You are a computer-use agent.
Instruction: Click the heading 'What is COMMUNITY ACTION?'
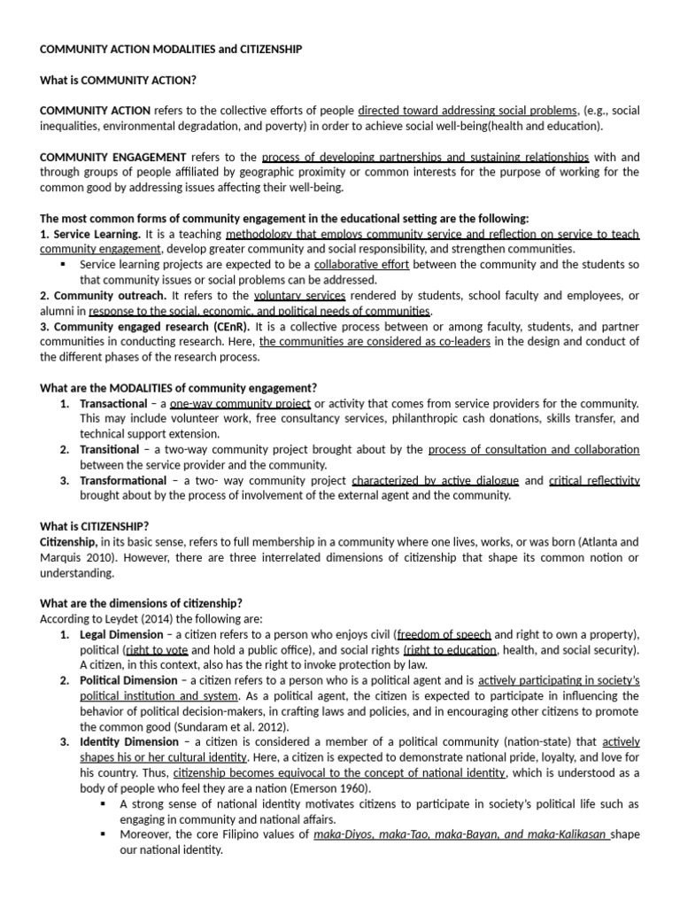click(118, 80)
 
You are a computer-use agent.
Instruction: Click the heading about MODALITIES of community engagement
click(178, 388)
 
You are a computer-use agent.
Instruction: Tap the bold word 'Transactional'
click(114, 403)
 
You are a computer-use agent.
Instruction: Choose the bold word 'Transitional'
click(110, 449)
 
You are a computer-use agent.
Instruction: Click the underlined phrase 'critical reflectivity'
click(594, 480)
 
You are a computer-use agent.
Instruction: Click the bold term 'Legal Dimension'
click(121, 634)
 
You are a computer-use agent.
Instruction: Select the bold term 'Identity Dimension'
click(127, 742)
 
